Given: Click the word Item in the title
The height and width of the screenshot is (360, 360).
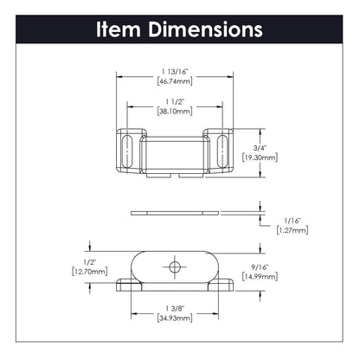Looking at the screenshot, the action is [119, 29].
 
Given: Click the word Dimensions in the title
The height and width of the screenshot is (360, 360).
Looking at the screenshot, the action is [205, 29].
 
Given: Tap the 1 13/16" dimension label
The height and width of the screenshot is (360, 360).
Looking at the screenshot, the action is [175, 72].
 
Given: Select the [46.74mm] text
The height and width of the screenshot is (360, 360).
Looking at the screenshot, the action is [175, 81].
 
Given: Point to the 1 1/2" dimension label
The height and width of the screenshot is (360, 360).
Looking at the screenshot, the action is [175, 101].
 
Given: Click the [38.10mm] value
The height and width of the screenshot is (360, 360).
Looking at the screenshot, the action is [175, 111].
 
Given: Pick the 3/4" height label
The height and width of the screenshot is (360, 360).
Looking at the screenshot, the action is [260, 148].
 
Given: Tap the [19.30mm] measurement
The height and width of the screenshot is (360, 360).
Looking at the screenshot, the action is [260, 157].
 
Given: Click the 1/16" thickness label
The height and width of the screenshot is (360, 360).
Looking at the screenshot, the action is [292, 221].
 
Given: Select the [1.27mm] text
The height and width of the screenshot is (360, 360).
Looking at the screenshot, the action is [292, 230].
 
